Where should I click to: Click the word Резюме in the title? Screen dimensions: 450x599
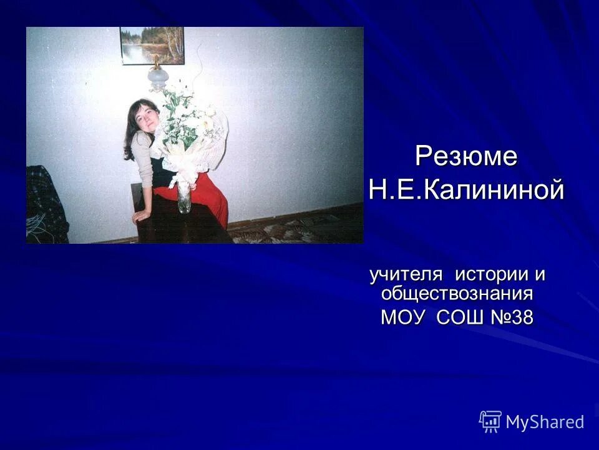(x=466, y=156)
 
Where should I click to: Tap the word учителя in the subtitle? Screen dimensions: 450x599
(x=406, y=274)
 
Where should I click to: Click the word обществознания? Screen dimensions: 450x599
(x=457, y=293)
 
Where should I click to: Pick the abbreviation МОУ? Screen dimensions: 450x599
(x=402, y=317)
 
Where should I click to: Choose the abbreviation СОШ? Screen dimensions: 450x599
(x=459, y=317)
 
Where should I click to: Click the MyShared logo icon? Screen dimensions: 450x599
(x=490, y=421)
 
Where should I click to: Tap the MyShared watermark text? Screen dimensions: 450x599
(x=545, y=422)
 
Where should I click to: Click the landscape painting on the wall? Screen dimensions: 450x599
(x=152, y=45)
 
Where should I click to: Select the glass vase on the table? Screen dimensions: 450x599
(x=184, y=197)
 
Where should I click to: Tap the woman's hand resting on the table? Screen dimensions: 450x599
(x=140, y=216)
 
